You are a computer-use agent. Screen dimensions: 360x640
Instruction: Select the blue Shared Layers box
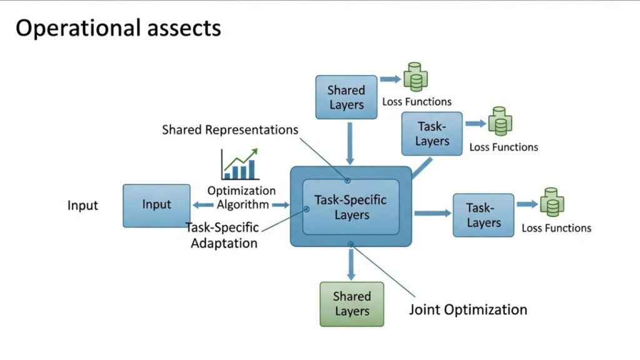tap(346, 97)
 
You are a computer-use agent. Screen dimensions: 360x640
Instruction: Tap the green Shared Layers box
tap(351, 304)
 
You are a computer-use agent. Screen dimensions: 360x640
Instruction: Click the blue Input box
tap(156, 205)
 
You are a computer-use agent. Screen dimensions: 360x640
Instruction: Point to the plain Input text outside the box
tap(82, 205)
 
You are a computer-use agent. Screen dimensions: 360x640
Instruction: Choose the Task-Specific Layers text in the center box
tap(351, 207)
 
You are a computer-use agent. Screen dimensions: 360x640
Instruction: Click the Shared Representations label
tap(229, 130)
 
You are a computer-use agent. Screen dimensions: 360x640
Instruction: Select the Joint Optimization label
tap(467, 309)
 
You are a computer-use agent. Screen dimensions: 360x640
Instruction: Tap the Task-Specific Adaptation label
tap(223, 236)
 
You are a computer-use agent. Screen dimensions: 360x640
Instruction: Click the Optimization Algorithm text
tap(241, 197)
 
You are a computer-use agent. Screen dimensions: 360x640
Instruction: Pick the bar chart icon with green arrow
tap(239, 164)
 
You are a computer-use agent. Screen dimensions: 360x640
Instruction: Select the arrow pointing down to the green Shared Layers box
tap(351, 264)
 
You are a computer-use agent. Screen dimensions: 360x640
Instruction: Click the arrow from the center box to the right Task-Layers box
tap(432, 213)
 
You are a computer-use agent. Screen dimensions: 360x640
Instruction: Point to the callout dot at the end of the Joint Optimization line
tap(351, 244)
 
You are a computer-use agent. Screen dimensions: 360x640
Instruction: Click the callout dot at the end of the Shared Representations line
tap(347, 181)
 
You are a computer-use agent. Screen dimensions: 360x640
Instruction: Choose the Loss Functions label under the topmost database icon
tap(416, 102)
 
